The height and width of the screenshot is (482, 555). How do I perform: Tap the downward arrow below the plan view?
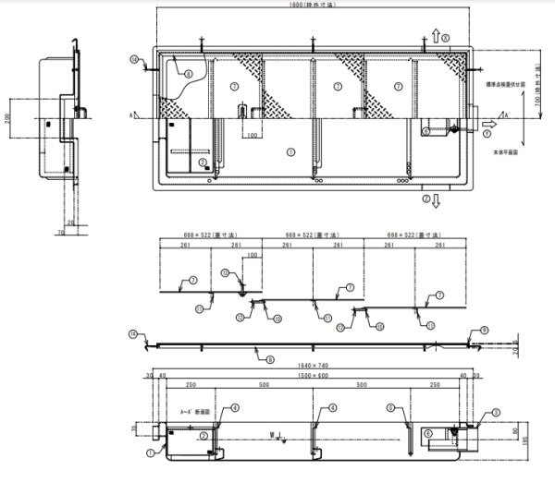point(434,199)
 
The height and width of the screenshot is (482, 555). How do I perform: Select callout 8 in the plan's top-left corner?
point(187,73)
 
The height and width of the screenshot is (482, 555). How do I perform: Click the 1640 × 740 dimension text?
point(314,366)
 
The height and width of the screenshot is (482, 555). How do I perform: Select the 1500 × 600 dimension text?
point(314,377)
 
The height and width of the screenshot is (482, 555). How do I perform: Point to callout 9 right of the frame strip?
point(484,330)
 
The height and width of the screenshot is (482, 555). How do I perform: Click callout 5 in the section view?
point(390,406)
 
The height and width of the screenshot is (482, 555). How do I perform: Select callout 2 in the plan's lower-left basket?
point(203,163)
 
